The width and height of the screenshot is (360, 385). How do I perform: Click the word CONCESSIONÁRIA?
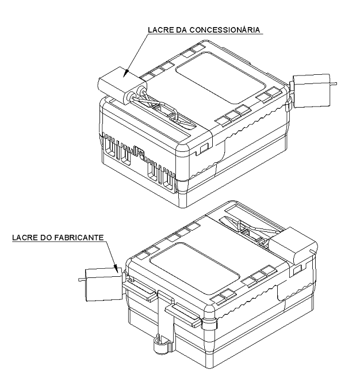click(225, 29)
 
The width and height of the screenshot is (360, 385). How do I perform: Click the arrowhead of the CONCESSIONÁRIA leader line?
click(125, 73)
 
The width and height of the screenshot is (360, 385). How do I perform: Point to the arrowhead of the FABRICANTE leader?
click(117, 269)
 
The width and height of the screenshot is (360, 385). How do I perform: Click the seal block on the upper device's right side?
click(312, 91)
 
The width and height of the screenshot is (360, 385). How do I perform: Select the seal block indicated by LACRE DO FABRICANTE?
click(104, 284)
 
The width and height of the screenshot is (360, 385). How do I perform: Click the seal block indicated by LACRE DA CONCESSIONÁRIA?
click(122, 83)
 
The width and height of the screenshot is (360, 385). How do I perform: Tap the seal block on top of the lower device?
click(293, 245)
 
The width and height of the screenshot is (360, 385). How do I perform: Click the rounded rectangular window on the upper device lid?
click(221, 78)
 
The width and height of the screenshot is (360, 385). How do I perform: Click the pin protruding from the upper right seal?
click(334, 84)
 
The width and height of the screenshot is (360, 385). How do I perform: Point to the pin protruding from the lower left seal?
click(82, 280)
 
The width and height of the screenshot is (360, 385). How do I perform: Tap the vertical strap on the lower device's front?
click(166, 317)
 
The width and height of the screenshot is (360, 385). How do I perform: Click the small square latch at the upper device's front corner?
click(204, 148)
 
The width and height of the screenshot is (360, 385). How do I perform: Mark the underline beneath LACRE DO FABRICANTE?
click(59, 241)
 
